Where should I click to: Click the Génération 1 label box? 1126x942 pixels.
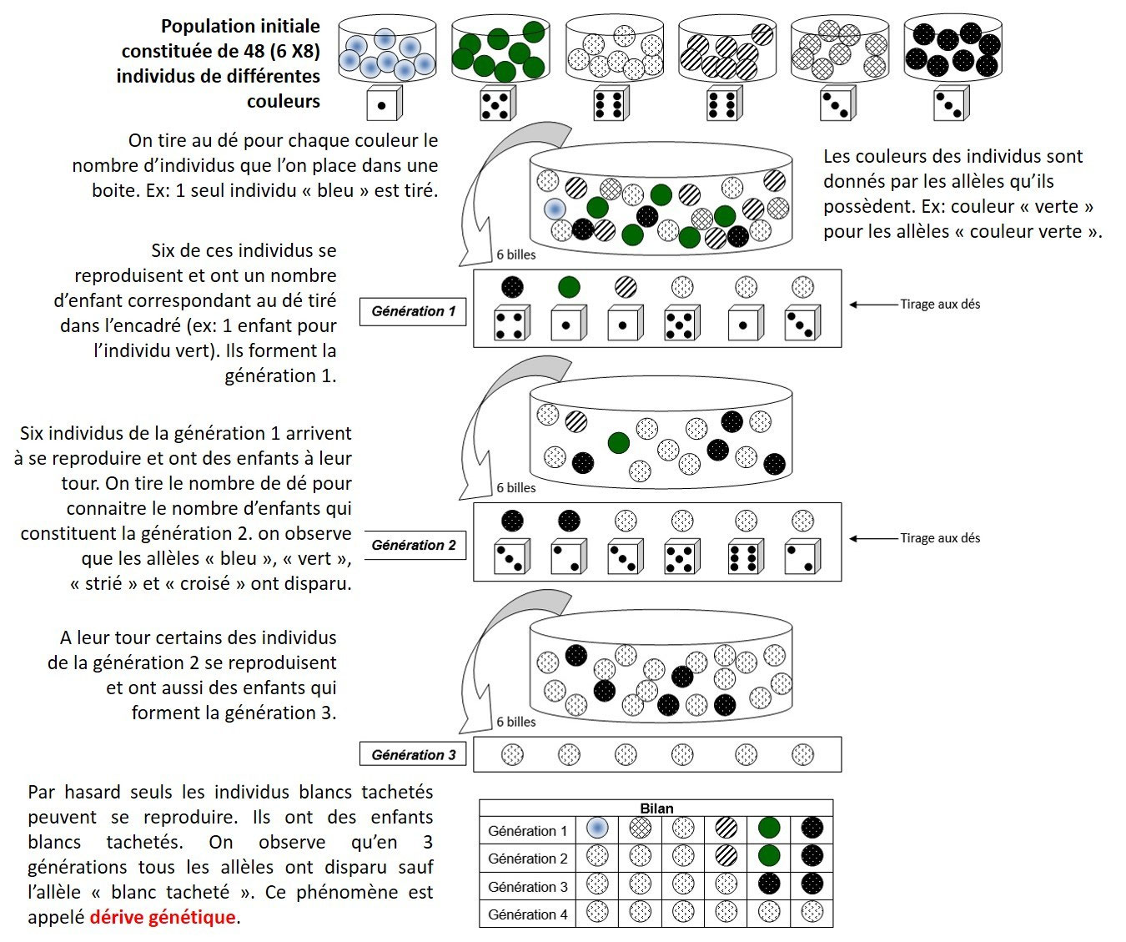[x=413, y=311]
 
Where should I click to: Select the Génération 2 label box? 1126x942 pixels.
[x=414, y=545]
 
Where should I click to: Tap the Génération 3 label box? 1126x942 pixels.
[x=414, y=754]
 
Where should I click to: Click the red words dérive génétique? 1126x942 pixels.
[x=163, y=917]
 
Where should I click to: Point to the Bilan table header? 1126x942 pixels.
[x=656, y=808]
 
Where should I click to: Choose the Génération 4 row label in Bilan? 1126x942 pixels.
[x=527, y=914]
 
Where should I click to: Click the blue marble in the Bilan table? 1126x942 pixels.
[x=597, y=829]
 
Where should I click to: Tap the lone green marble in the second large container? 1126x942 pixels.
[x=618, y=442]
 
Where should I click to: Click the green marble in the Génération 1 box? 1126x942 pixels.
[x=569, y=287]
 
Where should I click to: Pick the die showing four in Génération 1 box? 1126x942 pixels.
[x=510, y=324]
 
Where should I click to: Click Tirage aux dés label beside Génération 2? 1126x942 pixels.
[x=939, y=538]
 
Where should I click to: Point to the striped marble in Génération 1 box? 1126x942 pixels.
[x=625, y=287]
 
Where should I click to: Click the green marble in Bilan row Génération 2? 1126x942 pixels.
[x=768, y=856]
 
